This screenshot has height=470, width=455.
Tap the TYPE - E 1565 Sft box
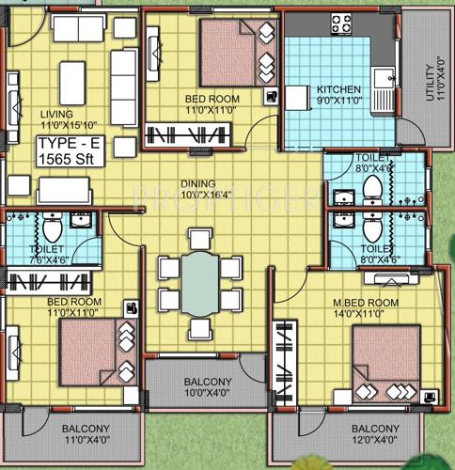69,151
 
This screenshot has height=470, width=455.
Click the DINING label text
199,183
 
